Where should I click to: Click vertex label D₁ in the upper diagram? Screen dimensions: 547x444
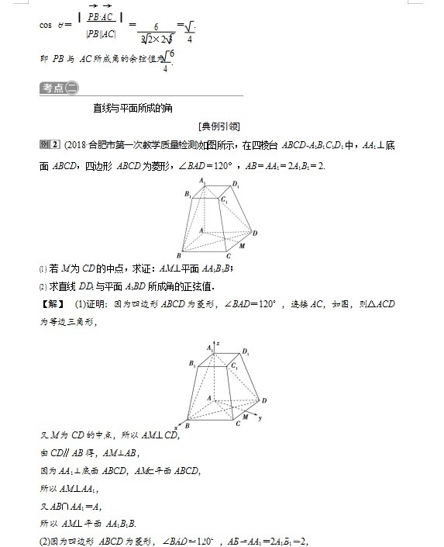pyautogui.click(x=236, y=185)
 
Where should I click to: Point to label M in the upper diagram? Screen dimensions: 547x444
pyautogui.click(x=243, y=246)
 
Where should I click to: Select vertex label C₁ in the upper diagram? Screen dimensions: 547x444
pyautogui.click(x=224, y=201)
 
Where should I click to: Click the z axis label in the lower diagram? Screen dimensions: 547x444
pyautogui.click(x=219, y=341)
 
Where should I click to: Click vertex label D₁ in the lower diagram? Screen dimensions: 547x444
pyautogui.click(x=245, y=352)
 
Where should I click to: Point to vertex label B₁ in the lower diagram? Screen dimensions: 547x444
pyautogui.click(x=191, y=363)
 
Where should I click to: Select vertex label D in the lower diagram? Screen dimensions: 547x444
pyautogui.click(x=264, y=400)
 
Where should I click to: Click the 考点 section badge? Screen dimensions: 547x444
pyautogui.click(x=59, y=88)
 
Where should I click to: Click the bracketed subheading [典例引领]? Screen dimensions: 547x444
pyautogui.click(x=220, y=126)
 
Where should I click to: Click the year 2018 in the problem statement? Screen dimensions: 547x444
pyautogui.click(x=76, y=144)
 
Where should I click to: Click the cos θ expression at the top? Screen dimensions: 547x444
pyautogui.click(x=55, y=25)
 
